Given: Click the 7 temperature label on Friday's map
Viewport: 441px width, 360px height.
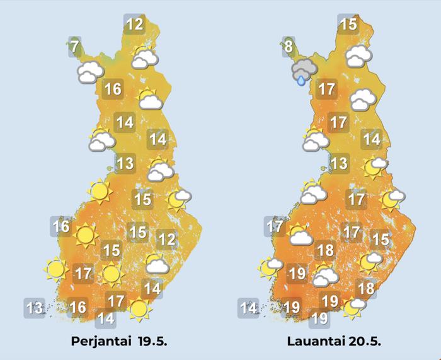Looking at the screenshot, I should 74,47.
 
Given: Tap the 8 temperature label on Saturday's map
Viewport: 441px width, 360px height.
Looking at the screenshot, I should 288,47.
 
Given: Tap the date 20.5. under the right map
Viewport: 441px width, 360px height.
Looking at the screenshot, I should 365,342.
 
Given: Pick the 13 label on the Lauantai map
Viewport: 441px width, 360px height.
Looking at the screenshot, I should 339,164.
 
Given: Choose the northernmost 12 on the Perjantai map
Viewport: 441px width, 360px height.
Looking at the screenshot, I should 134,25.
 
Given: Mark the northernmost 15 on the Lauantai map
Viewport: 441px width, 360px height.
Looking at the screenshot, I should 348,25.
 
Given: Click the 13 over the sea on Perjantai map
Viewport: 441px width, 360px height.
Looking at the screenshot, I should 35,308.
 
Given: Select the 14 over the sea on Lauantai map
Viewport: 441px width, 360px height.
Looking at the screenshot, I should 249,308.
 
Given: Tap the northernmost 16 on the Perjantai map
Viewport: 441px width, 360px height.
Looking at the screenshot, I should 113,89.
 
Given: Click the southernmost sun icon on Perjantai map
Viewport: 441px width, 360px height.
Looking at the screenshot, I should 139,308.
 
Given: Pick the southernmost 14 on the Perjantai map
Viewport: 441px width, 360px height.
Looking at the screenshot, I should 106,318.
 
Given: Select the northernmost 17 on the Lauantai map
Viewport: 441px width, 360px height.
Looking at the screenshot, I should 326,89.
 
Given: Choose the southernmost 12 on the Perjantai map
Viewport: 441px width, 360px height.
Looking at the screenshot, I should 166,240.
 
